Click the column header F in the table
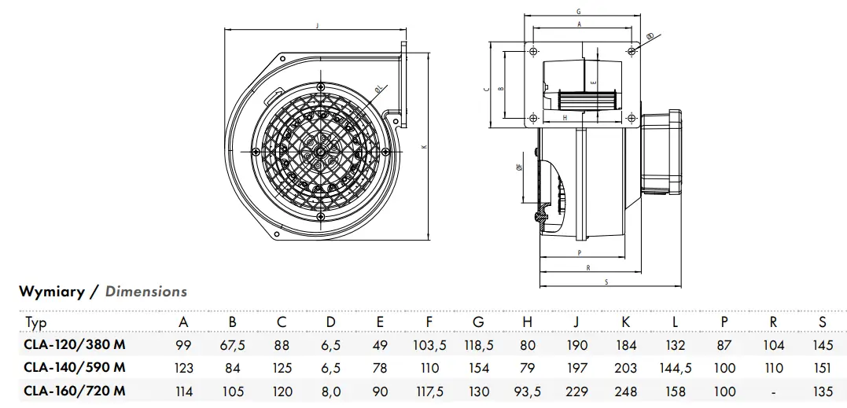pos(429,322)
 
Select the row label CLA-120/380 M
pos(75,344)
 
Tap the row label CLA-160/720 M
pos(75,391)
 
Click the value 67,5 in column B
pos(233,344)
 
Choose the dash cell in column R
pos(773,391)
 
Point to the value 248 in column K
pos(626,391)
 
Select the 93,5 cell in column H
pos(528,391)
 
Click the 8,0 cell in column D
pos(331,391)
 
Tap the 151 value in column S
pos(822,368)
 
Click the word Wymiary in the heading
pos(52,292)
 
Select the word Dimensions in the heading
pos(146,292)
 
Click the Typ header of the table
pos(36,323)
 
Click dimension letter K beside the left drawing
pos(424,147)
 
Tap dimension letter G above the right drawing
pos(578,12)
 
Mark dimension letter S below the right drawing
pos(607,281)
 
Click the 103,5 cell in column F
pos(429,344)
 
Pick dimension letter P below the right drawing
pos(578,253)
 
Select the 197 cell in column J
pos(576,368)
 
